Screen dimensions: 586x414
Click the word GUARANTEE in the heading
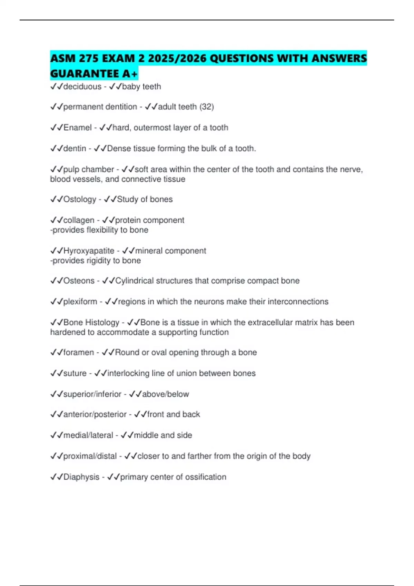(83, 73)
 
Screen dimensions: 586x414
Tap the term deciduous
(82, 87)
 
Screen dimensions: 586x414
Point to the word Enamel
(78, 128)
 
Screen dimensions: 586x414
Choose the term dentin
(75, 149)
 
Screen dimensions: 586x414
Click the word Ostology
(80, 199)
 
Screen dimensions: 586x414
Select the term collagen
(79, 220)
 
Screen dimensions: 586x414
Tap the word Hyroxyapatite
(89, 251)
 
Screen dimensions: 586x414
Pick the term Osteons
(79, 281)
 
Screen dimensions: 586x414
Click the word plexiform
(80, 302)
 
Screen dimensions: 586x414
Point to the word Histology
(102, 323)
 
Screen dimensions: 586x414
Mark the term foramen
(78, 352)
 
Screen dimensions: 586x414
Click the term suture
(75, 373)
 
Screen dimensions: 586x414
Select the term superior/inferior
(92, 394)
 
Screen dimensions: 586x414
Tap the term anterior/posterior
(95, 414)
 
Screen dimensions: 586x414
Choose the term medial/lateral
(88, 435)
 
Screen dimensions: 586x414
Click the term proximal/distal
(90, 456)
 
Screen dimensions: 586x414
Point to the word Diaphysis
(81, 477)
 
